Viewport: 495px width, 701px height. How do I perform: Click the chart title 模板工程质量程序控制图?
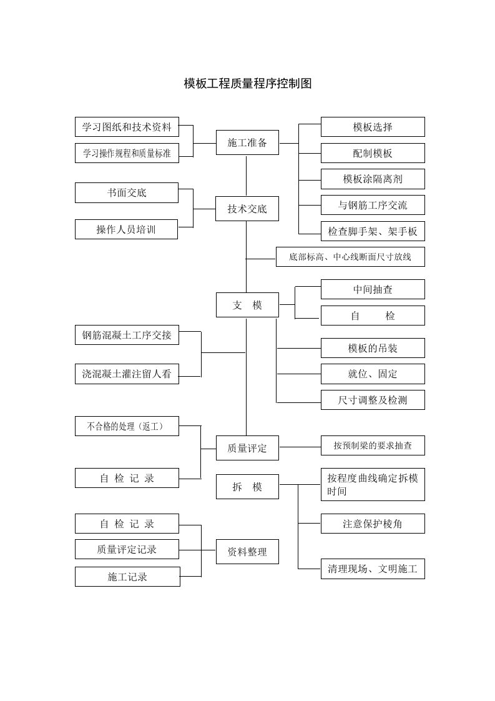tap(247, 84)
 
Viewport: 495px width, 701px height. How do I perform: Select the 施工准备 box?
tap(247, 142)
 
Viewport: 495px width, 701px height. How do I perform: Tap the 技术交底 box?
tap(247, 209)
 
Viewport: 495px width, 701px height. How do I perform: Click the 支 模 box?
tap(247, 305)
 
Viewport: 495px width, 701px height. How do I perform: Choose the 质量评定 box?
tap(247, 448)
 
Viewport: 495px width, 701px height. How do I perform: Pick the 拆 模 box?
tap(247, 487)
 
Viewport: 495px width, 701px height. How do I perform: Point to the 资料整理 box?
tap(247, 552)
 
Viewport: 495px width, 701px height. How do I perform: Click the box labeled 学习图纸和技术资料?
tap(127, 127)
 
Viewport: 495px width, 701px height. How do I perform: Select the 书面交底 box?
tap(127, 192)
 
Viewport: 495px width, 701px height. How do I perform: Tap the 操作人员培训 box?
tap(127, 229)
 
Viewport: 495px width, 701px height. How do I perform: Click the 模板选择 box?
tap(373, 127)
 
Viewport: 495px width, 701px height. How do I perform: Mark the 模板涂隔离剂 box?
tap(373, 179)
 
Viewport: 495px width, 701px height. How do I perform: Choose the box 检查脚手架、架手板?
tap(373, 231)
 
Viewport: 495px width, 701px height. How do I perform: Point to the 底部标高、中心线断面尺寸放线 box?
tap(350, 257)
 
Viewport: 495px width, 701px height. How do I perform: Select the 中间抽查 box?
tap(373, 289)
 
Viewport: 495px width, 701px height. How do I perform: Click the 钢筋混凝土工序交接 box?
tap(127, 335)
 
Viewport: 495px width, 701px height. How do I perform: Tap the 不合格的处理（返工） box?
tap(127, 426)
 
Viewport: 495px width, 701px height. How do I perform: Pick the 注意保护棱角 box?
tap(373, 524)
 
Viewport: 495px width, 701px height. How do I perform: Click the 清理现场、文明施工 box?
tap(373, 569)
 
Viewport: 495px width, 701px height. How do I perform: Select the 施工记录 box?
tap(128, 577)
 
